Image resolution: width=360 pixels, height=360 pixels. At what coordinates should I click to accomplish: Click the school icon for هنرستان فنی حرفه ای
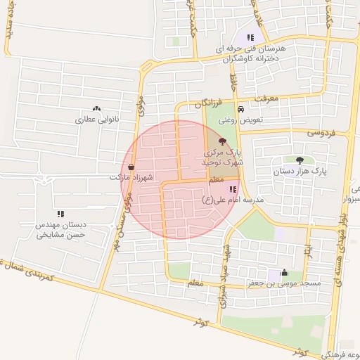click(250, 37)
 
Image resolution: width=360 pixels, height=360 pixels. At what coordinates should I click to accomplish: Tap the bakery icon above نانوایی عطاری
click(96, 109)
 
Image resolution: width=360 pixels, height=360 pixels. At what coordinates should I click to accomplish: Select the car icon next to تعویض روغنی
click(241, 110)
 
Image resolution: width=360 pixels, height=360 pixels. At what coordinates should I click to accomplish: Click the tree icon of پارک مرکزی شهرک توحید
click(223, 141)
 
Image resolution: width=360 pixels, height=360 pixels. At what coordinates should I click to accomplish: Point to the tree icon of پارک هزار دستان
click(300, 160)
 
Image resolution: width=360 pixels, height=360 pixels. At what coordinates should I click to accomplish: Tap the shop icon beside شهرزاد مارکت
click(131, 167)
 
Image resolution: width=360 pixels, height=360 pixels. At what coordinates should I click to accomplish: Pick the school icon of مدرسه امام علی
click(233, 189)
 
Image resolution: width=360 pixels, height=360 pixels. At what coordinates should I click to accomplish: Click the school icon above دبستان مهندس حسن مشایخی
click(61, 214)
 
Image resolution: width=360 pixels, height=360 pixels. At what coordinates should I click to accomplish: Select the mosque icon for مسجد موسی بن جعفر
click(284, 272)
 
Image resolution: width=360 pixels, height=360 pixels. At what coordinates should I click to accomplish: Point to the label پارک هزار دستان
click(300, 170)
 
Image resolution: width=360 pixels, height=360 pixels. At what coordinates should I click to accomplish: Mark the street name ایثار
click(307, 250)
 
